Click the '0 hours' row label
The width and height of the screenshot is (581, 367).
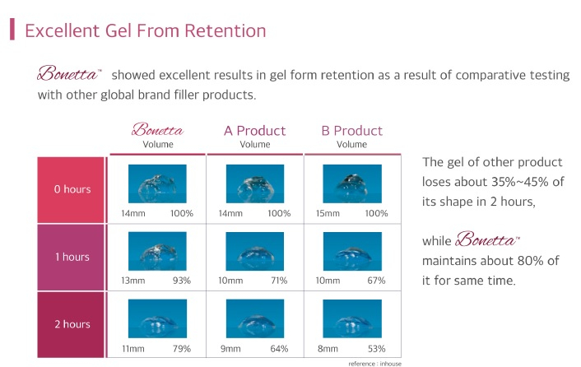(72, 189)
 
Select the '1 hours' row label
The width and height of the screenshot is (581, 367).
(72, 257)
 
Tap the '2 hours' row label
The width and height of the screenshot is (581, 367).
(72, 324)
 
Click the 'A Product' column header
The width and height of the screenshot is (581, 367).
(255, 131)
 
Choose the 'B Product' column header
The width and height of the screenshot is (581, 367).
(352, 131)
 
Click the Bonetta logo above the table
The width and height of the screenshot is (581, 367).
(157, 130)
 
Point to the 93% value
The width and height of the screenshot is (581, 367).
(182, 281)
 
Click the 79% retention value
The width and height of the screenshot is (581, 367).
(182, 348)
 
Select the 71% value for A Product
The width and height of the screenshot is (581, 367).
(279, 281)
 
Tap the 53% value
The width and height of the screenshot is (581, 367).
(376, 348)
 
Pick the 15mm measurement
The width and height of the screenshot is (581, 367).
(328, 213)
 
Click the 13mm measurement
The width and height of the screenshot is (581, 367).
(133, 281)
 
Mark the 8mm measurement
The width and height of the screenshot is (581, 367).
(328, 348)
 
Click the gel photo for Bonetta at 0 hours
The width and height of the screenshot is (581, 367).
(157, 183)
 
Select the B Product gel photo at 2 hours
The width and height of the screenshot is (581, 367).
(352, 318)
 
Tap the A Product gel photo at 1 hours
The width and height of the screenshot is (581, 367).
(255, 251)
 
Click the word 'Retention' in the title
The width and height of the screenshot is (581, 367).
(225, 30)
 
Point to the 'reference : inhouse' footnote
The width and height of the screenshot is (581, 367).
(374, 364)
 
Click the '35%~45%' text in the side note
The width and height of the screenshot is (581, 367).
(520, 182)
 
